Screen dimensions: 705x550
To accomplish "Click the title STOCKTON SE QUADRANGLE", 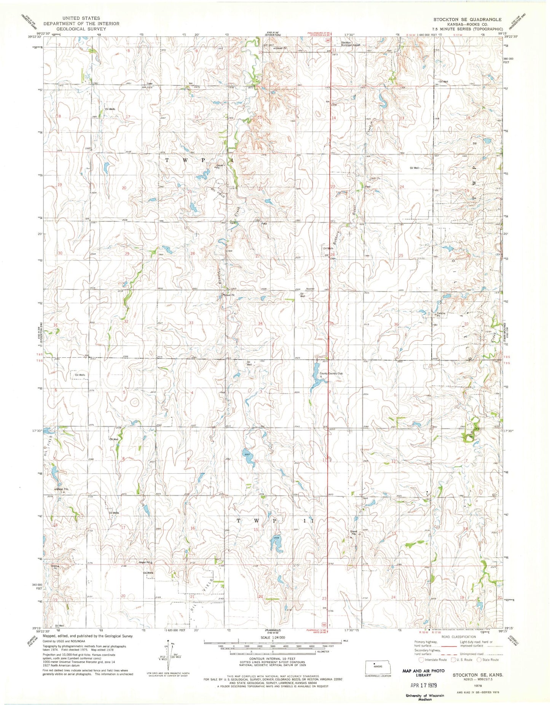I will (467, 19).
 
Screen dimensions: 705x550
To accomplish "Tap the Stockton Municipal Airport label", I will (350, 44).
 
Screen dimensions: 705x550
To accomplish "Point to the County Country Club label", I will (331, 373).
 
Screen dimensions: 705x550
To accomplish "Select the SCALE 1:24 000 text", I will (272, 637).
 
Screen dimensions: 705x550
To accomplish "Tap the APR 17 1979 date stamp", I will (418, 685).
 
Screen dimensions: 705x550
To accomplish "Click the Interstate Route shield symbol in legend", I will (421, 660).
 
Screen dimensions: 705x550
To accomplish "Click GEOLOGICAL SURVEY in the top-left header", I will (81, 29).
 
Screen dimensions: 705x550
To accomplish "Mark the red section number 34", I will (260, 324).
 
